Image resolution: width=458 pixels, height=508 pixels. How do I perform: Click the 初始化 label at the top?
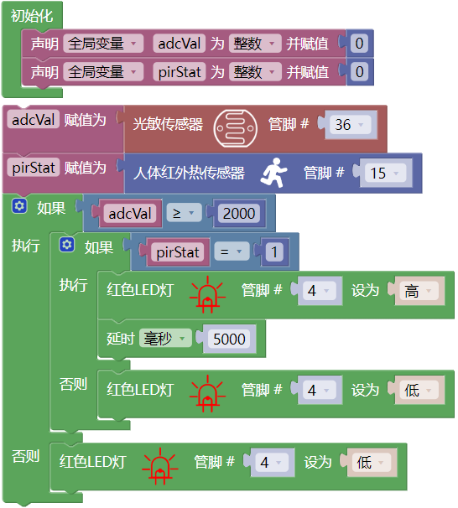pyautogui.click(x=32, y=16)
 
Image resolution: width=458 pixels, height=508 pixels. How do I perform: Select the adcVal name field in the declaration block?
pyautogui.click(x=180, y=44)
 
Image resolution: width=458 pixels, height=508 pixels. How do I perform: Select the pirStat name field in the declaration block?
pyautogui.click(x=180, y=72)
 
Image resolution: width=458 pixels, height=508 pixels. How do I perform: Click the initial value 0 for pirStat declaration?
pyautogui.click(x=359, y=72)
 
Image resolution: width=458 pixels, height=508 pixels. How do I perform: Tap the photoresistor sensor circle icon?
pyautogui.click(x=236, y=128)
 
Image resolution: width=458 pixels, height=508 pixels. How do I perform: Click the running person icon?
pyautogui.click(x=274, y=173)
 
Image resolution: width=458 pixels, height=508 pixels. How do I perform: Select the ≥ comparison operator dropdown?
pyautogui.click(x=184, y=213)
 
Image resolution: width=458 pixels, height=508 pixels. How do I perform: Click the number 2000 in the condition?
pyautogui.click(x=239, y=213)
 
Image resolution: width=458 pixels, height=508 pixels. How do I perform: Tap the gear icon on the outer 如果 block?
pyautogui.click(x=19, y=206)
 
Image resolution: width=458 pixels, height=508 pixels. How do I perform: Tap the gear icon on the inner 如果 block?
pyautogui.click(x=67, y=245)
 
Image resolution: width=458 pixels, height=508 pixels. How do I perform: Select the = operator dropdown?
pyautogui.click(x=232, y=251)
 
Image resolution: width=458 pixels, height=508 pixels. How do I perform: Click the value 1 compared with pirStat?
pyautogui.click(x=274, y=251)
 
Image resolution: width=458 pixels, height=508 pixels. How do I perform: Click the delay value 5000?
pyautogui.click(x=229, y=339)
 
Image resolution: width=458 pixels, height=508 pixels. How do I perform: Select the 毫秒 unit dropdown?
pyautogui.click(x=165, y=338)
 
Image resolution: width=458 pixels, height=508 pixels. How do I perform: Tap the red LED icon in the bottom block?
pyautogui.click(x=160, y=466)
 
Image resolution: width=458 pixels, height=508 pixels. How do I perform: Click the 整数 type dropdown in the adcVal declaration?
pyautogui.click(x=255, y=44)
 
